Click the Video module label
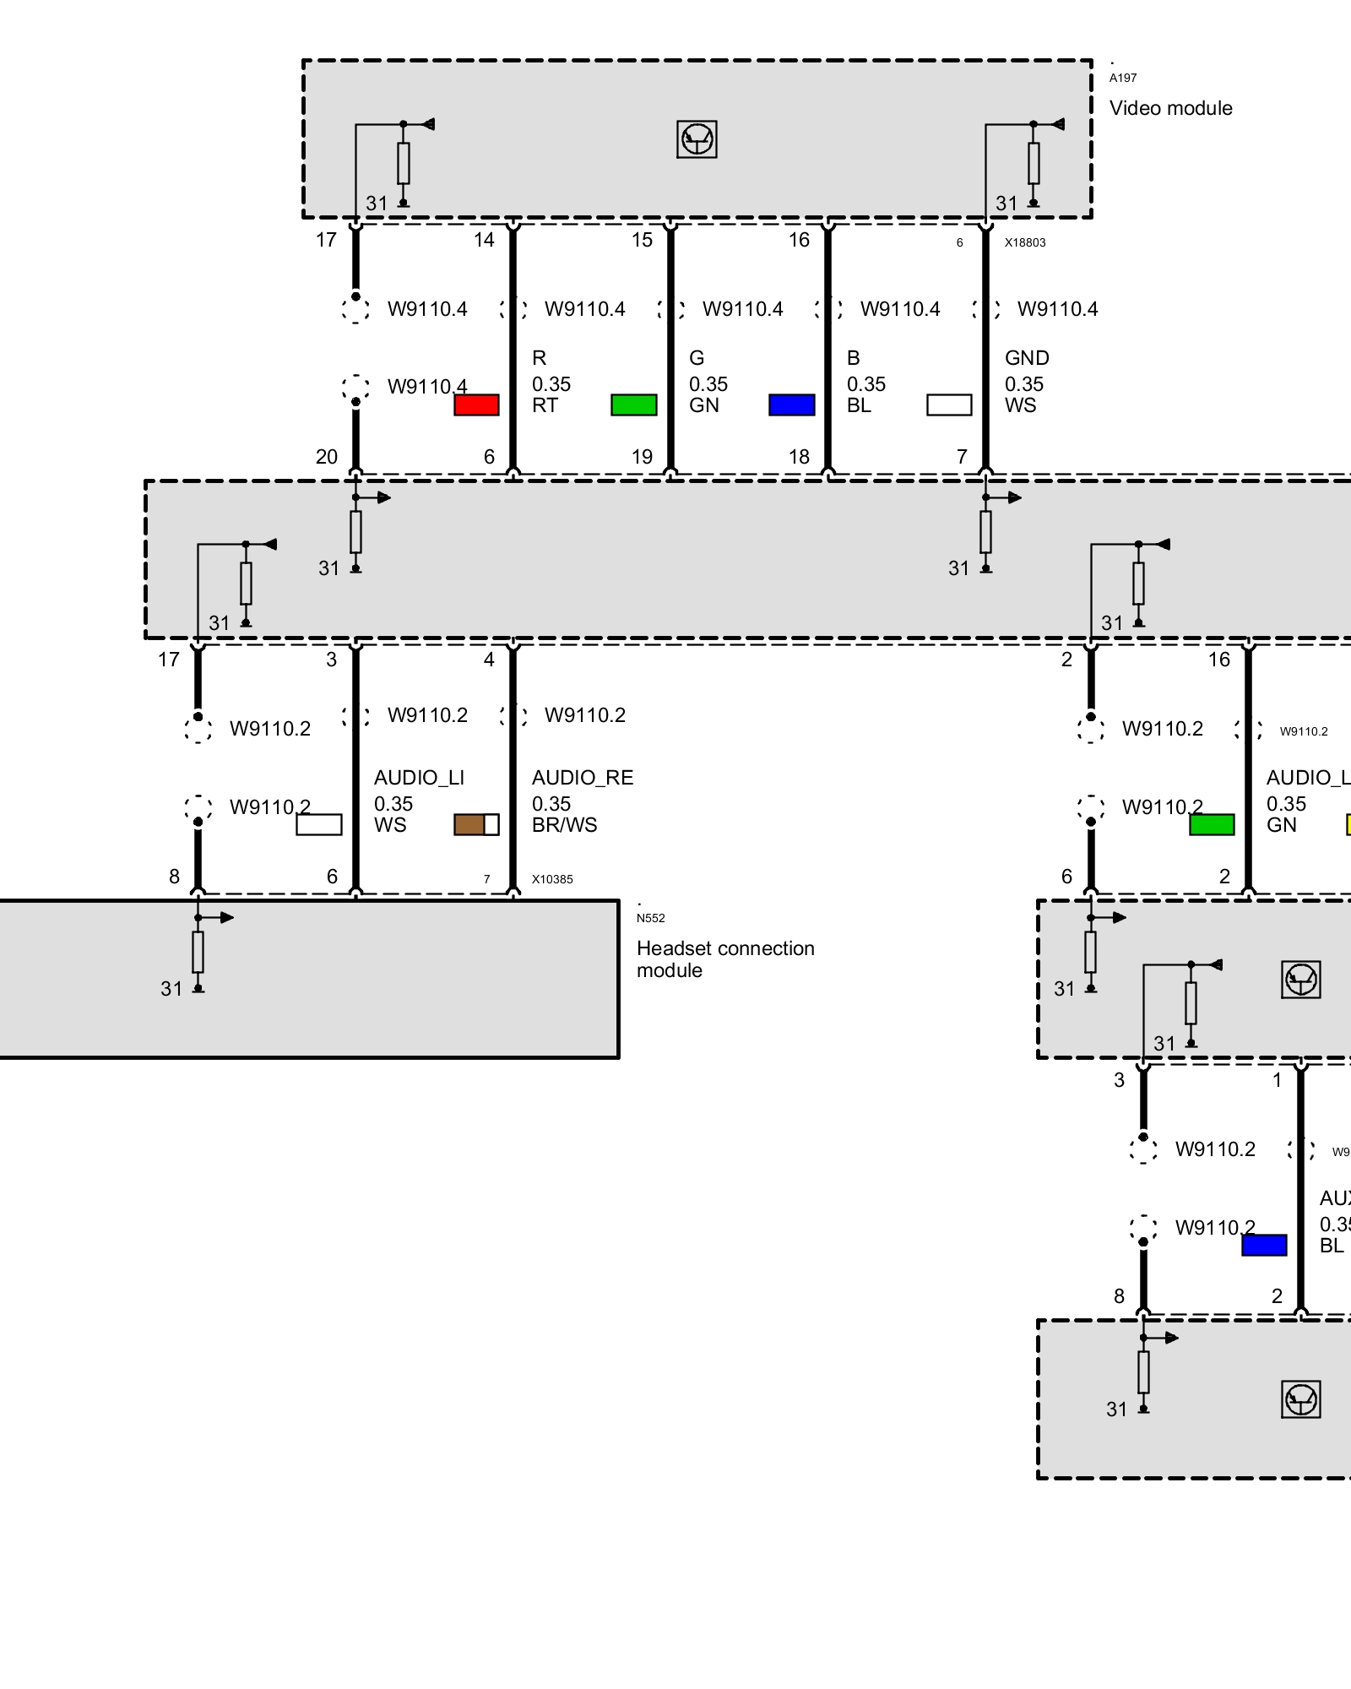tap(1170, 108)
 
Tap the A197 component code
tap(1123, 78)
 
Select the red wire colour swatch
tap(476, 405)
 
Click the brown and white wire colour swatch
tap(476, 824)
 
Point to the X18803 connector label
tap(1025, 242)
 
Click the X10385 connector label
tap(552, 879)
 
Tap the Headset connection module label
tap(725, 959)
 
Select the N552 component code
tap(650, 918)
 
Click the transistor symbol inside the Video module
tap(697, 139)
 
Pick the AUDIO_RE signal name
tap(583, 778)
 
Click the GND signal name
tap(1027, 358)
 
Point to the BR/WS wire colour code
tap(564, 825)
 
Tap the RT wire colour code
tap(545, 405)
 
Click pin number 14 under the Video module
tap(484, 240)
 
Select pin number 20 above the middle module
tap(327, 457)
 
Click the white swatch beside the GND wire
tap(949, 405)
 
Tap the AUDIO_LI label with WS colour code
tap(419, 778)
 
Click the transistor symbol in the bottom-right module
tap(1300, 1399)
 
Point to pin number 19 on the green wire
tap(642, 457)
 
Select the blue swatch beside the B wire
tap(791, 405)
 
